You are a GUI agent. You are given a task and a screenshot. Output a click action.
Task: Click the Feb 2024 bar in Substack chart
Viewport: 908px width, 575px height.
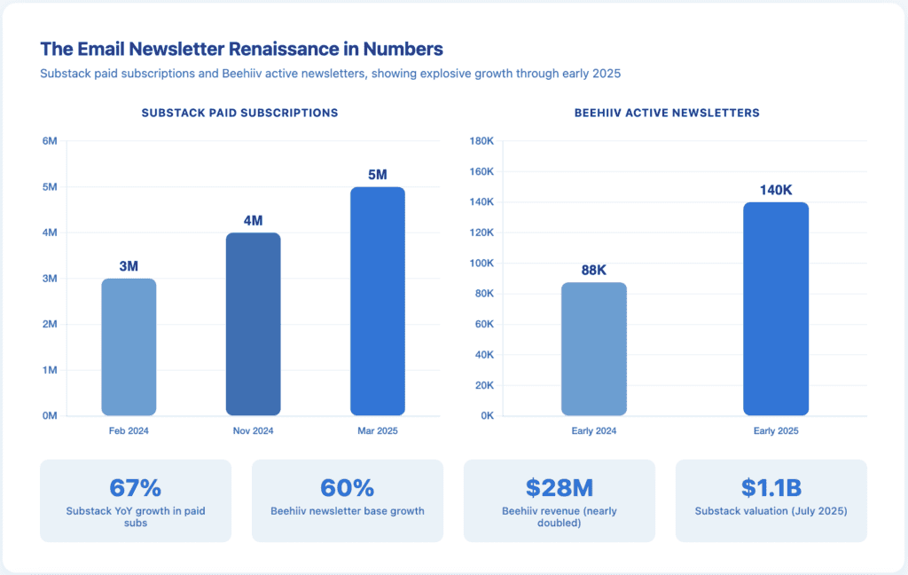coord(129,347)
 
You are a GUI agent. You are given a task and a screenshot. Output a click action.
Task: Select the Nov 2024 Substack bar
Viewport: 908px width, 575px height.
coord(253,324)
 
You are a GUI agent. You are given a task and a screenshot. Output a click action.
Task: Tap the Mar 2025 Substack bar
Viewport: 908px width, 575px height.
coord(378,302)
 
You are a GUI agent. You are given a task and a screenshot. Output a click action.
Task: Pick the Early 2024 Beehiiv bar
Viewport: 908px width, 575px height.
coord(594,349)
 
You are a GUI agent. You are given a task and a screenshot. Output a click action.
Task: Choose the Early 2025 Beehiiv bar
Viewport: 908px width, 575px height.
coord(776,309)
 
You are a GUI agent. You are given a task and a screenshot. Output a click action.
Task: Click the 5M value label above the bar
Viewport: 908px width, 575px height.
coord(378,175)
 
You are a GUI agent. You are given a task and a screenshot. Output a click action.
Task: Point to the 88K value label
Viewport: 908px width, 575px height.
coord(594,270)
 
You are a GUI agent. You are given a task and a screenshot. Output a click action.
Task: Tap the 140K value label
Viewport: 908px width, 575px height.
coord(776,190)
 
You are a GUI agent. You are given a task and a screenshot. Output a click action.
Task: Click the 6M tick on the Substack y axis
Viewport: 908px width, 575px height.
coord(50,141)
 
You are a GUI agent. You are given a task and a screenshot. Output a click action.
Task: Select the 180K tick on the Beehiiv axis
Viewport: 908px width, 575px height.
coord(481,141)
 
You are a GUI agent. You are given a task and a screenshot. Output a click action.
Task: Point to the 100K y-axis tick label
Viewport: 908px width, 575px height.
coord(481,264)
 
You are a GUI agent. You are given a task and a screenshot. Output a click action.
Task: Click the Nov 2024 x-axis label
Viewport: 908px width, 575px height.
coord(253,431)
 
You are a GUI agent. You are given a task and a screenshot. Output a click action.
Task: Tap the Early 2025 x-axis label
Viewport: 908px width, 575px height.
coord(776,431)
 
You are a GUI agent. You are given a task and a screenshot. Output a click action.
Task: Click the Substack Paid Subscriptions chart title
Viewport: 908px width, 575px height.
coord(239,114)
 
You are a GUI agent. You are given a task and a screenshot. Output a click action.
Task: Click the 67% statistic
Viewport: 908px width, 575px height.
coord(135,488)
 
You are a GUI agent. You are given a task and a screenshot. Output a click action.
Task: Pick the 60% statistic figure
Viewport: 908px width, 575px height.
coord(347,488)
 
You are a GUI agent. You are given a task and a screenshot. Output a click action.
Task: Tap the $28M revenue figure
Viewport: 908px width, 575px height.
coord(559,488)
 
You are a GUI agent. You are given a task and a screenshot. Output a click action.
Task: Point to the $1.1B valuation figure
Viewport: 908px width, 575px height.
coord(771,488)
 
